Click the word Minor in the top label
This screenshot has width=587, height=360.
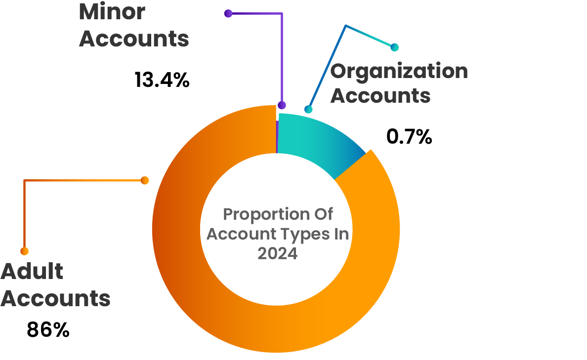pos(112,12)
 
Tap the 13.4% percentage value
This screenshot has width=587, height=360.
pos(162,80)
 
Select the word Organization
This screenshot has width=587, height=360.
pos(399,71)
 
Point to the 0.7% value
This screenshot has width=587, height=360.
pos(409,137)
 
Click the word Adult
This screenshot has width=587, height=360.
pos(32,272)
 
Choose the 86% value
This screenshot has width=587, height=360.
pos(48,330)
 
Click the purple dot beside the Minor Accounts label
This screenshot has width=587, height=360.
pos(228,13)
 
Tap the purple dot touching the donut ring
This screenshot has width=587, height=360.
pos(282,105)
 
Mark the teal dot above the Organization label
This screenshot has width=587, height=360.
pos(394,47)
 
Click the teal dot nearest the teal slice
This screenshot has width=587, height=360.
pos(309,109)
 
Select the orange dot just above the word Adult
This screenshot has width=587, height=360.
pos(24,251)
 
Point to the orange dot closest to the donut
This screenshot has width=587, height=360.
pos(145,181)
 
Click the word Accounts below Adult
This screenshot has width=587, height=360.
pos(55,298)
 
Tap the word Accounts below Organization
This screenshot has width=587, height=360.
pos(380,95)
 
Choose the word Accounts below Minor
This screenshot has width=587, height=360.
pos(134,39)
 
